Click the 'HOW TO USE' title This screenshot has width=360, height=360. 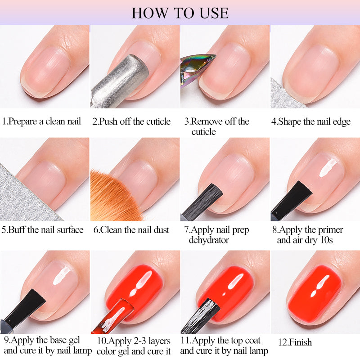(180, 12)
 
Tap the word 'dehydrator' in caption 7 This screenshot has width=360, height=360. (209, 240)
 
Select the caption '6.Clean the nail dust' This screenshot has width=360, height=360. (131, 230)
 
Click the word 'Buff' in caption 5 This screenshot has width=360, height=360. (17, 230)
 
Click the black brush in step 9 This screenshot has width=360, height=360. (22, 310)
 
